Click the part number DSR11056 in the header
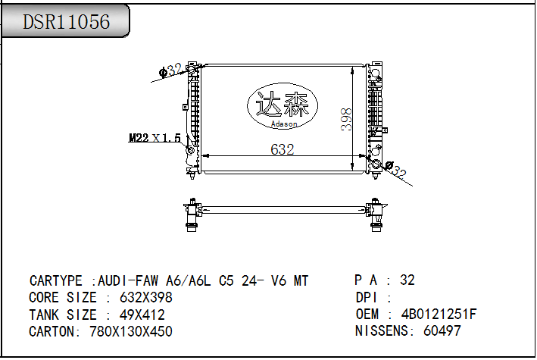click(x=66, y=23)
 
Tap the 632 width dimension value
click(x=282, y=149)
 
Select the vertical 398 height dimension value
click(x=346, y=119)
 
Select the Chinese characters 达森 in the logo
click(x=284, y=104)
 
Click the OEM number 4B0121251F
click(x=439, y=314)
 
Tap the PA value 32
click(x=407, y=280)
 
